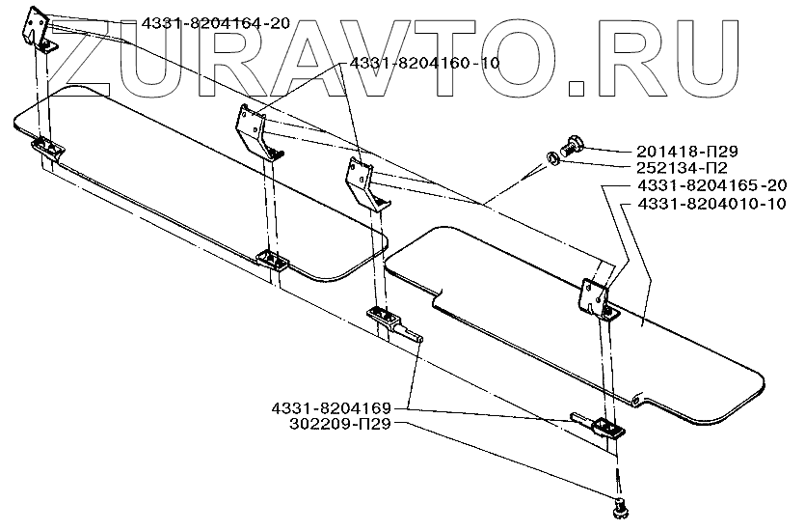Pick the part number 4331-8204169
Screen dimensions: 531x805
pos(331,409)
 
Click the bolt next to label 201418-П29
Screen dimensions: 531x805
pos(570,147)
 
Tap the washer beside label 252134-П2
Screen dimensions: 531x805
pos(547,157)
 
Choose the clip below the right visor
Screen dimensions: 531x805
pos(605,429)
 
